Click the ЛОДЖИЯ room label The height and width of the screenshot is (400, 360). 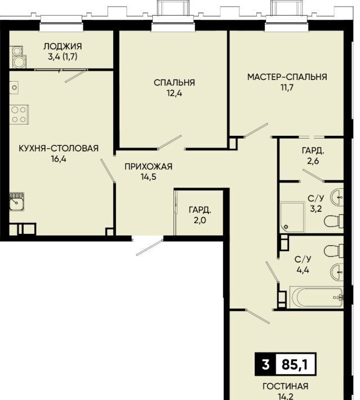pyautogui.click(x=63, y=46)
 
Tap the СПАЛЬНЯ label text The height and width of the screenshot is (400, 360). pyautogui.click(x=174, y=83)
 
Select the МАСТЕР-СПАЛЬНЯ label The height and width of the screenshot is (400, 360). pyautogui.click(x=287, y=77)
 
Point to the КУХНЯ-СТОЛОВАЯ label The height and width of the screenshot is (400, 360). pyautogui.click(x=59, y=148)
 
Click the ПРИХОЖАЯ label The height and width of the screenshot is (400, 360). pyautogui.click(x=149, y=167)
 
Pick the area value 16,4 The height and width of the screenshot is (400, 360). pyautogui.click(x=59, y=159)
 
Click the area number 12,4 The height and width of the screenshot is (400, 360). pyautogui.click(x=175, y=94)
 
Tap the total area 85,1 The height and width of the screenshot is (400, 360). pyautogui.click(x=295, y=365)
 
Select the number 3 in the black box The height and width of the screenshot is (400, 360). pyautogui.click(x=265, y=365)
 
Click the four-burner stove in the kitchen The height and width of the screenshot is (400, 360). pyautogui.click(x=19, y=114)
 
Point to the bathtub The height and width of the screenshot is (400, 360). pyautogui.click(x=317, y=297)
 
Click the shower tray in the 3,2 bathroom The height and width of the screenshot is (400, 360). pyautogui.click(x=292, y=217)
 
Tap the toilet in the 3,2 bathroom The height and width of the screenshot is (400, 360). pyautogui.click(x=334, y=221)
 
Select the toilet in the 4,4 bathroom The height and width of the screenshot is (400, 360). pyautogui.click(x=334, y=251)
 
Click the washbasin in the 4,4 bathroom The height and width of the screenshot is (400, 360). pyautogui.click(x=337, y=272)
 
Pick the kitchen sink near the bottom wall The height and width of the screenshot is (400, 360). pyautogui.click(x=17, y=202)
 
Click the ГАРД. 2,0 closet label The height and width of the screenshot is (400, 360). pyautogui.click(x=200, y=215)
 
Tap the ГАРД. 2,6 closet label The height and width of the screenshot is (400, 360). pyautogui.click(x=313, y=155)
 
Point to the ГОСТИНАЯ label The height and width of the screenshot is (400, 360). pyautogui.click(x=286, y=386)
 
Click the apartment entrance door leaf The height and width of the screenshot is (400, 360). pyautogui.click(x=150, y=247)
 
